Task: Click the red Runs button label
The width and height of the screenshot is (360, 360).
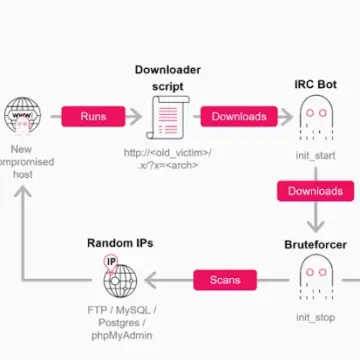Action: pyautogui.click(x=86, y=116)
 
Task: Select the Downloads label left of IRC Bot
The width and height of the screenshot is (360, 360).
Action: pyautogui.click(x=239, y=116)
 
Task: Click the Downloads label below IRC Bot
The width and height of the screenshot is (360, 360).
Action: pyautogui.click(x=316, y=191)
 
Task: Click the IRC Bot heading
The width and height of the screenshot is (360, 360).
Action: pyautogui.click(x=316, y=85)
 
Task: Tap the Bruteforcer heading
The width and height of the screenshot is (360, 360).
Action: pyautogui.click(x=316, y=216)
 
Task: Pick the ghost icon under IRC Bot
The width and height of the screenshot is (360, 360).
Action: pyautogui.click(x=316, y=121)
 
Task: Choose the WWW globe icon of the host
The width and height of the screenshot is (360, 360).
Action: pyautogui.click(x=22, y=117)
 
